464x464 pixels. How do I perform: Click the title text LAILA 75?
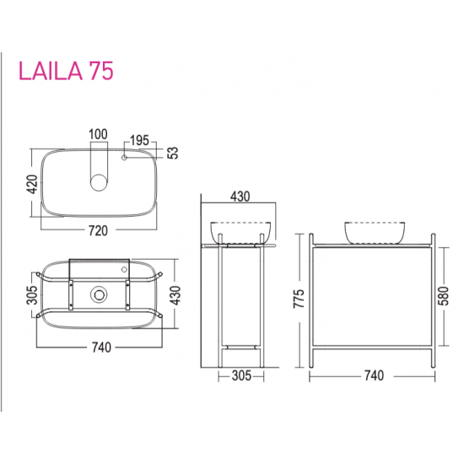click(x=66, y=70)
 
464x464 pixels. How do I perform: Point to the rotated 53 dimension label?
click(x=173, y=153)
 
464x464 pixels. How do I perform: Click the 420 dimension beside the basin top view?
click(x=32, y=183)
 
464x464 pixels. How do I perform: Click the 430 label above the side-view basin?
click(x=240, y=197)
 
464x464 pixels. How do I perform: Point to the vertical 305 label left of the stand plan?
click(x=32, y=294)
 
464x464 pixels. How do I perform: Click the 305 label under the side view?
click(x=240, y=375)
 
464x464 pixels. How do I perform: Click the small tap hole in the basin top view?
click(x=125, y=157)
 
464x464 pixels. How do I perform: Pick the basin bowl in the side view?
click(x=240, y=231)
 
